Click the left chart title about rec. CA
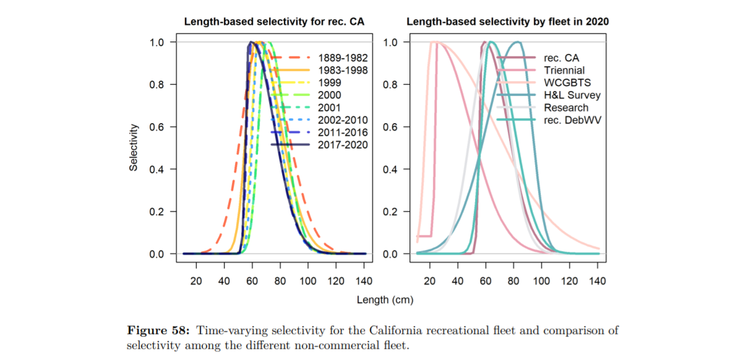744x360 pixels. pos(275,22)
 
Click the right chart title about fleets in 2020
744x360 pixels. pos(508,22)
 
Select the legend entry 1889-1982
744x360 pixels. pos(342,58)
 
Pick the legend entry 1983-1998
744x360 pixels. pos(342,70)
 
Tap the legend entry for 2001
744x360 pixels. pos(330,108)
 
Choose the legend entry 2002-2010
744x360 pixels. pos(342,120)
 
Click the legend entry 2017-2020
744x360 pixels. pos(342,145)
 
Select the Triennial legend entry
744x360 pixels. pos(564,71)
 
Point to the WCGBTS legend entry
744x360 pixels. pos(567,83)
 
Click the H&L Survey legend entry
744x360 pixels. pos(572,95)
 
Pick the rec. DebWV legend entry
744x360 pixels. pos(572,120)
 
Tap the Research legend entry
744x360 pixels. pos(566,108)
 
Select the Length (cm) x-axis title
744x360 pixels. pos(385,300)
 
